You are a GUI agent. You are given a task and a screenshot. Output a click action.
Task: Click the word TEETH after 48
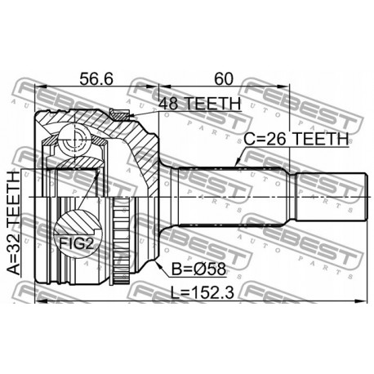click(211, 104)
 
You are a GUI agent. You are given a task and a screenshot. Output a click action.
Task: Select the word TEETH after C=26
click(321, 140)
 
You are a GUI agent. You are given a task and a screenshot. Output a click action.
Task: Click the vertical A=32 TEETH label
click(14, 220)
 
